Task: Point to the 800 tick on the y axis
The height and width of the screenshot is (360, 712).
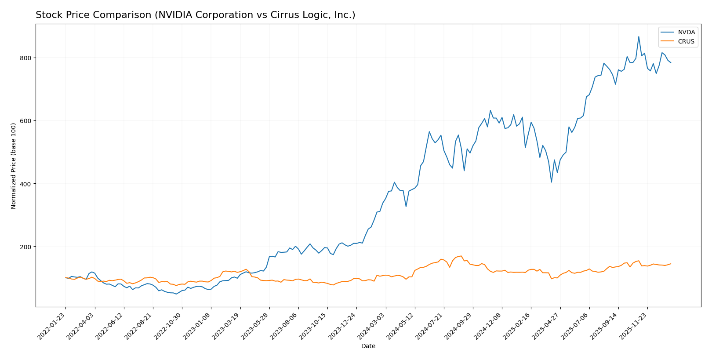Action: point(25,58)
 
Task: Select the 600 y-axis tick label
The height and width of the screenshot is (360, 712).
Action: point(25,121)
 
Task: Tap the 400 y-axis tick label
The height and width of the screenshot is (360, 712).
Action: point(25,184)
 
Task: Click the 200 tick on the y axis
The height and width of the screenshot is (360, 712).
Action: point(25,247)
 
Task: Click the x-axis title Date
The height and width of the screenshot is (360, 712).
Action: point(368,346)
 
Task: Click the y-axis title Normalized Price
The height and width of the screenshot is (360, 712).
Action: point(14,166)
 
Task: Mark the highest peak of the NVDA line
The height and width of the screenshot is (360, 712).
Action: point(639,36)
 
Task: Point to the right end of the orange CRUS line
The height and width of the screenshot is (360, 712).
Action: point(671,264)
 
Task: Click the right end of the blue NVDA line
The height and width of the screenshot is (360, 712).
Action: point(671,63)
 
